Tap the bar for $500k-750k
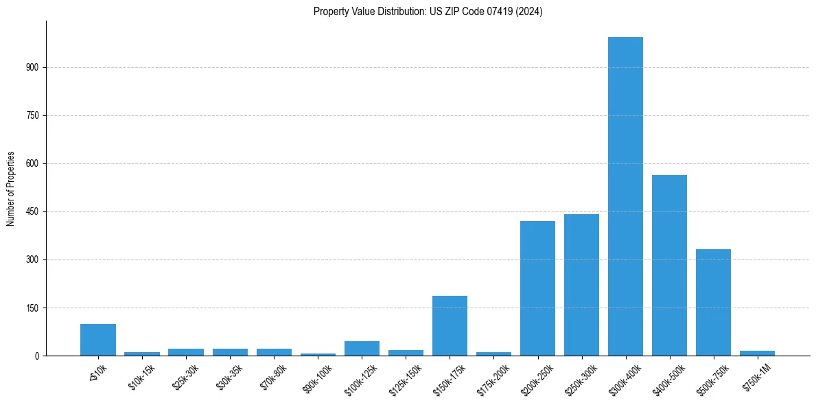click(x=713, y=302)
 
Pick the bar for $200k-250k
click(x=537, y=288)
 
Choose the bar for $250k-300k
click(x=581, y=285)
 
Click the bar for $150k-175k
click(x=450, y=325)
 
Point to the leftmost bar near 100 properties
click(x=98, y=340)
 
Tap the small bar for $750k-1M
click(x=757, y=353)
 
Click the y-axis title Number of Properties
click(x=11, y=188)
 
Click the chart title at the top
click(x=428, y=11)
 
